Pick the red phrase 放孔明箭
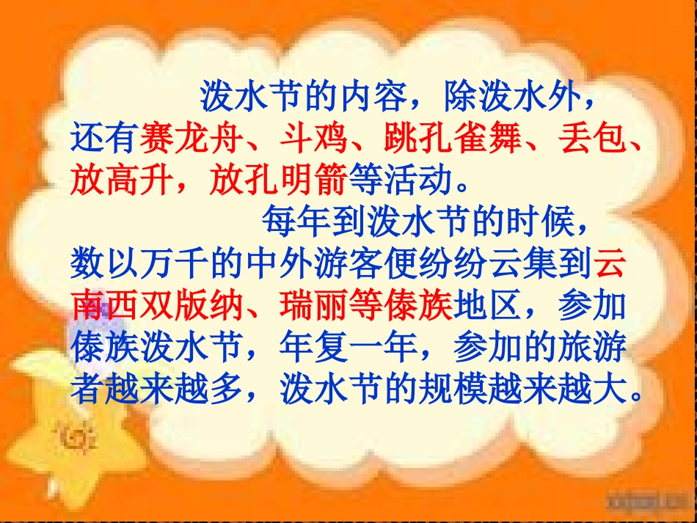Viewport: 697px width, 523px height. (278, 179)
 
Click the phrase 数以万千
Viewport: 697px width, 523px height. (140, 263)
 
